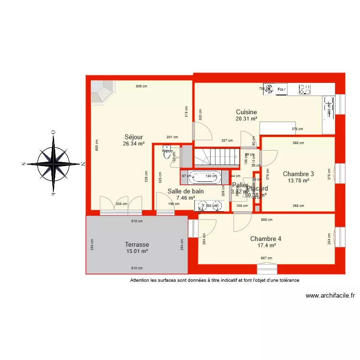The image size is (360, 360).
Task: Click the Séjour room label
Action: tap(134, 137)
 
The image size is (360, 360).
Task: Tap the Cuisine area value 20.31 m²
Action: tap(246, 119)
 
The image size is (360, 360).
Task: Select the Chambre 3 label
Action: tap(298, 174)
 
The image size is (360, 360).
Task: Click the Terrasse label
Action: tap(137, 244)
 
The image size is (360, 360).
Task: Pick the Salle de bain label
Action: tap(185, 191)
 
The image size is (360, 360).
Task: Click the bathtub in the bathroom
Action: tap(204, 177)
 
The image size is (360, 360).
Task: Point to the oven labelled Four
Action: tap(282, 89)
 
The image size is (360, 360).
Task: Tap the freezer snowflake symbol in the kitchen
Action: tap(269, 89)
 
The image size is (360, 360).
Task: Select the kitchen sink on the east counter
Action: tap(329, 107)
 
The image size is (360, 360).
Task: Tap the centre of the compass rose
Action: tap(53, 164)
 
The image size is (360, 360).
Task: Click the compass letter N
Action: tap(83, 164)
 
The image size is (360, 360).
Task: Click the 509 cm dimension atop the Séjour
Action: tap(141, 86)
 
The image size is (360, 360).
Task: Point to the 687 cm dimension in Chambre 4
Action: tap(266, 258)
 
